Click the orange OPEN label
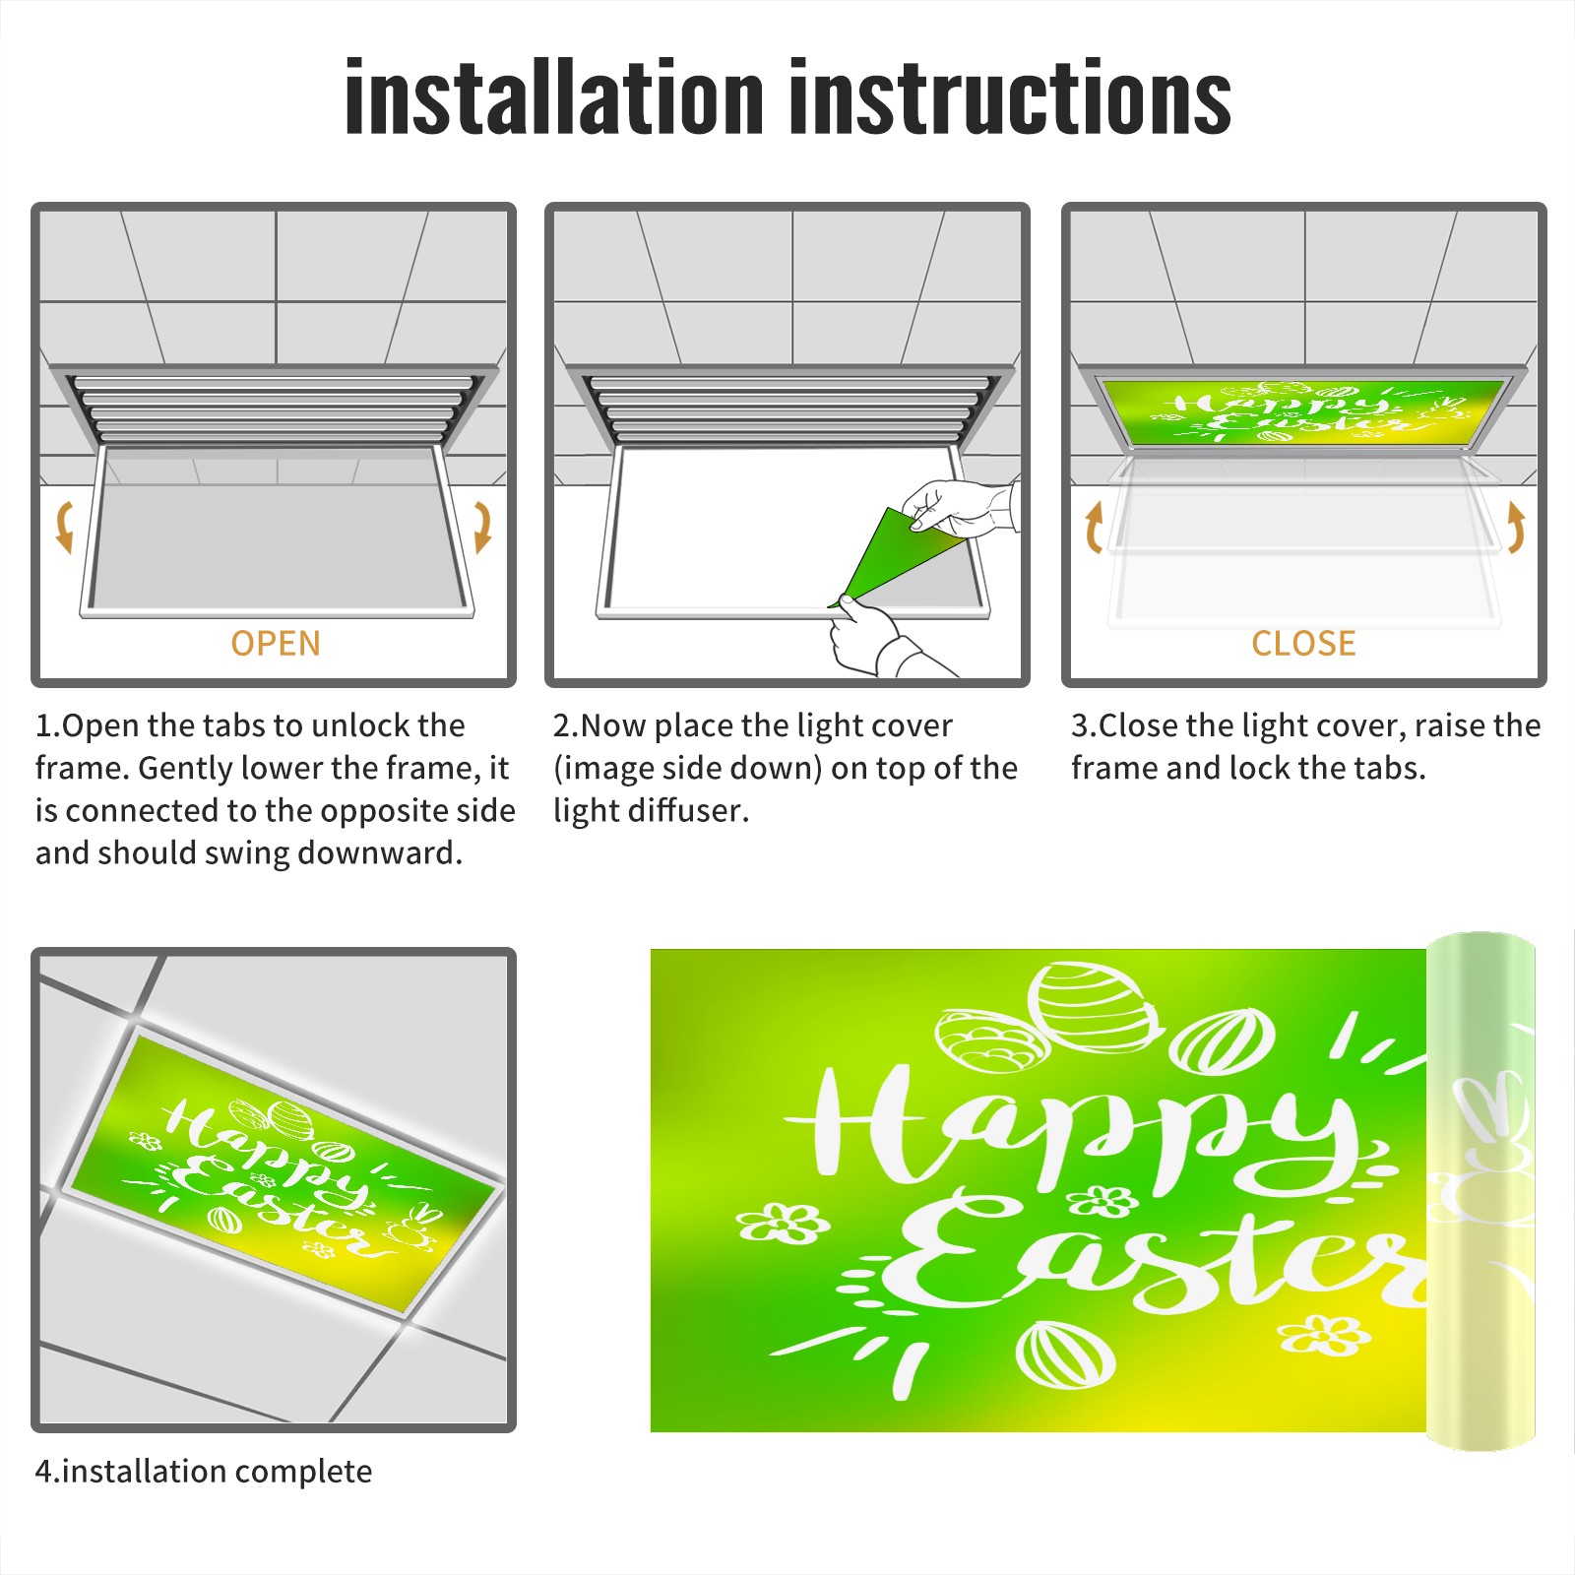coord(276,644)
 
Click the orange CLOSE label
coord(1303,644)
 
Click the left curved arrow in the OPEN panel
coord(63,527)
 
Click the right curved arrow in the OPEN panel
coord(482,527)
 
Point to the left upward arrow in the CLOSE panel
coord(1094,527)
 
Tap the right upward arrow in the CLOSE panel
coord(1516,527)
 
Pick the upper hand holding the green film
coord(960,507)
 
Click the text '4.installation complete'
coord(204,1472)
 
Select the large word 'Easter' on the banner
coord(1152,1255)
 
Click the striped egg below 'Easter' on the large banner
coord(1065,1354)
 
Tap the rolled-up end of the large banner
coord(1480,1191)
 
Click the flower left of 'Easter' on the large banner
coord(783,1223)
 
